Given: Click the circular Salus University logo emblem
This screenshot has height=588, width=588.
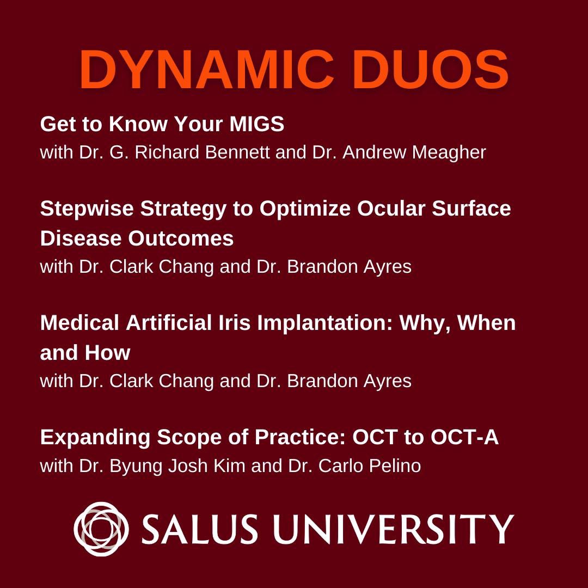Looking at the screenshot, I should point(101,528).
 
